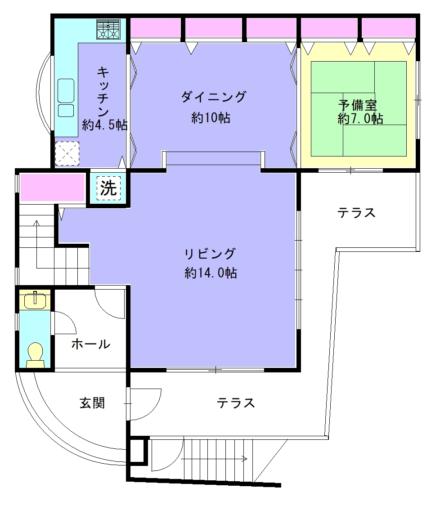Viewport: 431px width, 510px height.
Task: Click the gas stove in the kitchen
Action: (x=108, y=29)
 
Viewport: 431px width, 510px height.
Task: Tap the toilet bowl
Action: (x=36, y=354)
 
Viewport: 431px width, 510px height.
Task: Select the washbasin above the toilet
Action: (x=35, y=300)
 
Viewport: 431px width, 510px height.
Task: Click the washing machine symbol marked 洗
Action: (x=108, y=188)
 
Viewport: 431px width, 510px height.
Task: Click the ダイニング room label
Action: (x=213, y=97)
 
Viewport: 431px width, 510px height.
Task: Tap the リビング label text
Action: (x=210, y=253)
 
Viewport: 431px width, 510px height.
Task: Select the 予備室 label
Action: (x=357, y=105)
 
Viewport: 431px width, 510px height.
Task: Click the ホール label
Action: (x=91, y=344)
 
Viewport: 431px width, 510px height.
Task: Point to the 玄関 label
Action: (x=92, y=403)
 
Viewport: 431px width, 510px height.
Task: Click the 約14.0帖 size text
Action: (x=211, y=273)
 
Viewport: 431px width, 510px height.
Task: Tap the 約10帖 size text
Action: (x=211, y=117)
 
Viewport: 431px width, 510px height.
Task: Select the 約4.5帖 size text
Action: (x=104, y=125)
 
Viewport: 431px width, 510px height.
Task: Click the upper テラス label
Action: (x=356, y=213)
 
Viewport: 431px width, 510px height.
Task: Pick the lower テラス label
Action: (x=236, y=403)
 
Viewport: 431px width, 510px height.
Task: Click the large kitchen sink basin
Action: (x=66, y=90)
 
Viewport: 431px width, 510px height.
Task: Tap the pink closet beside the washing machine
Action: (x=53, y=188)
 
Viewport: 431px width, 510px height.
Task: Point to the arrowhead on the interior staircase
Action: (x=36, y=223)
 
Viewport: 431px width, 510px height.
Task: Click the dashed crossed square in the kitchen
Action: (x=67, y=153)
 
